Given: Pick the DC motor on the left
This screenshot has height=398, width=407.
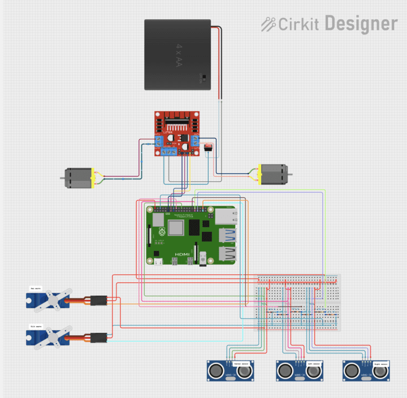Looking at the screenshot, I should pyautogui.click(x=78, y=179).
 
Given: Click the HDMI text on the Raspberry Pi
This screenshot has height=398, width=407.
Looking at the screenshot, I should pyautogui.click(x=182, y=255).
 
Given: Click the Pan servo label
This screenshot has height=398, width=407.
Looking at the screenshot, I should pyautogui.click(x=36, y=289).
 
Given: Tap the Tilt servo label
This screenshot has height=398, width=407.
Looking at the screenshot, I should pyautogui.click(x=36, y=326).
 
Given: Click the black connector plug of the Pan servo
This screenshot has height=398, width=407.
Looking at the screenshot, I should pyautogui.click(x=99, y=301).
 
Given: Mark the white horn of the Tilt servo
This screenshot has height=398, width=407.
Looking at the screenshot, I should pyautogui.click(x=54, y=338).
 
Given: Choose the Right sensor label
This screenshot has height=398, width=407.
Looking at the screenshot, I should pyautogui.click(x=380, y=364).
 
